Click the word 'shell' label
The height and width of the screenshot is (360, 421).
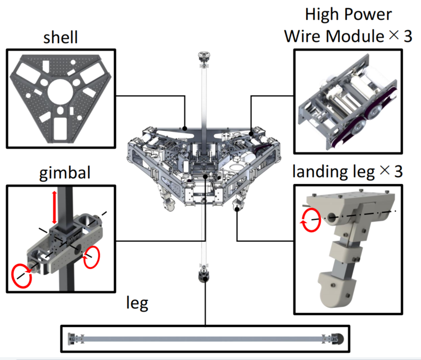coord(60,38)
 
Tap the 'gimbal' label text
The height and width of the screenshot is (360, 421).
coord(62,173)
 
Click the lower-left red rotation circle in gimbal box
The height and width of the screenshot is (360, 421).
coord(22,276)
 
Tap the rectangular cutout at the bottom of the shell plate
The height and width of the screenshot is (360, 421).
coord(60,128)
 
